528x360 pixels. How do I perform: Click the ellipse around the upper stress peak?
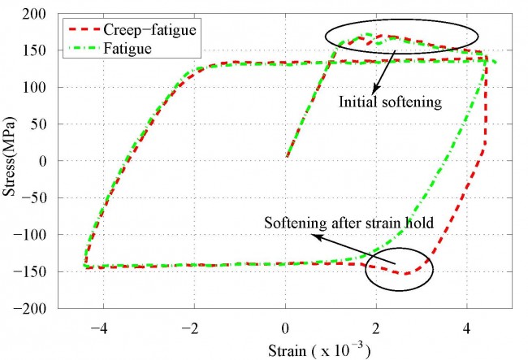click(401, 37)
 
